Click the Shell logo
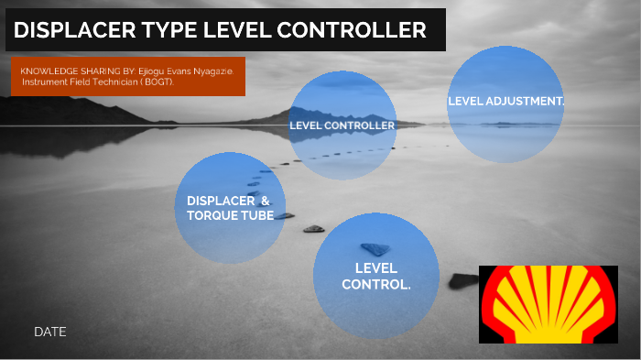click(540, 304)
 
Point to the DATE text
click(50, 332)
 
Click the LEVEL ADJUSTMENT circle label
click(505, 101)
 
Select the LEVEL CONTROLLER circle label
click(342, 125)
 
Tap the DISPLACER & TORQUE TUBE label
click(229, 208)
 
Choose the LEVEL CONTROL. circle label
click(375, 276)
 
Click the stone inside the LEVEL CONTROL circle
click(375, 248)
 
